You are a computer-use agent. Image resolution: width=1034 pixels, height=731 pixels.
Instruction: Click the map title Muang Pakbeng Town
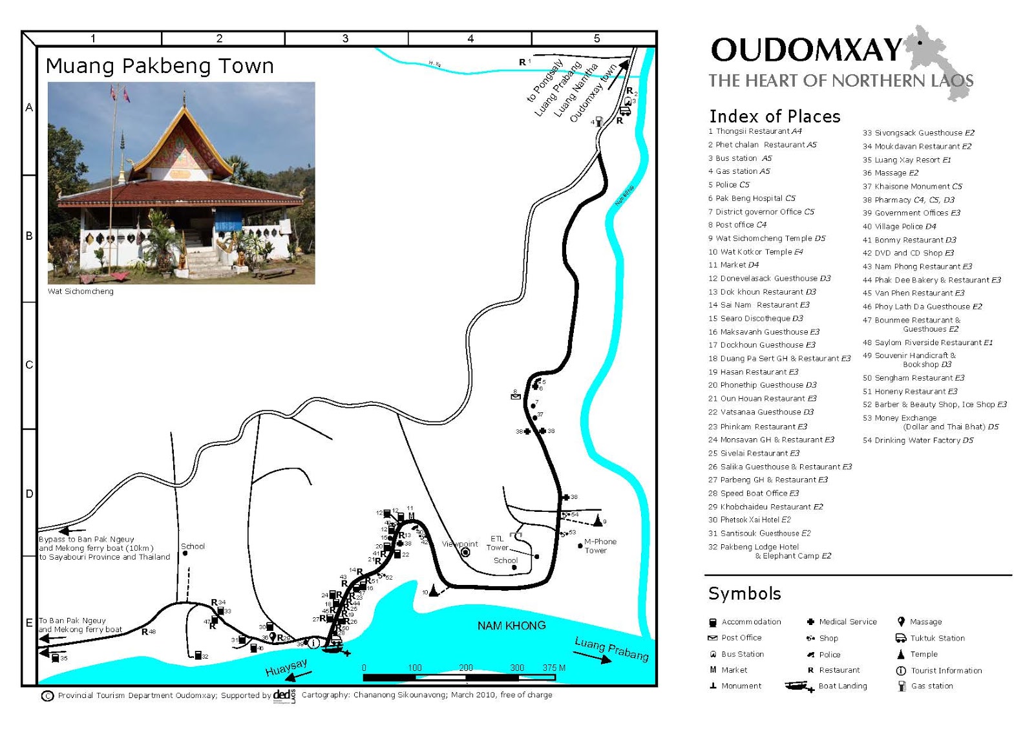click(x=160, y=66)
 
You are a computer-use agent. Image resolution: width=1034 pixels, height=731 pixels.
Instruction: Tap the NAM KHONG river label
click(x=511, y=626)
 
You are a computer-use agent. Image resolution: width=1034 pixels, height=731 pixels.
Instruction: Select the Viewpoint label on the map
click(x=459, y=544)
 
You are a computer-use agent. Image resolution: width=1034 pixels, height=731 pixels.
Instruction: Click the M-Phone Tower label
click(x=600, y=546)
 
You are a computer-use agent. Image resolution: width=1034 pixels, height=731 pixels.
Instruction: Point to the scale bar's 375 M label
click(x=554, y=668)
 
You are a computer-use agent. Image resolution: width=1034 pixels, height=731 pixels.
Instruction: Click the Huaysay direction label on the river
click(x=286, y=667)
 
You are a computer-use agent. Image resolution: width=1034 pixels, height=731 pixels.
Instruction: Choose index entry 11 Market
click(x=733, y=265)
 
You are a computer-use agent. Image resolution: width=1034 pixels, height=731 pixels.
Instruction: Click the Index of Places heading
click(x=774, y=116)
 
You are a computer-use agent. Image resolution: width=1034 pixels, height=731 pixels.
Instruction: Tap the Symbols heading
click(x=744, y=593)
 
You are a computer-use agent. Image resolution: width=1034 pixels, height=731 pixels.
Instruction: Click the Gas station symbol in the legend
click(x=902, y=686)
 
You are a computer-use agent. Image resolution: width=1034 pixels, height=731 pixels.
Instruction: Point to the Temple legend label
click(x=923, y=654)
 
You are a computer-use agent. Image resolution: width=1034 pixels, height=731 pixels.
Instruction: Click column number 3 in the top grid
click(x=345, y=39)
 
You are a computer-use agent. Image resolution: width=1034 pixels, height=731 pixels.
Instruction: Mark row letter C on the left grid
click(x=29, y=365)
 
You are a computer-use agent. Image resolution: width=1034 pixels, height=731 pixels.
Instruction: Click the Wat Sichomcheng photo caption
click(x=81, y=291)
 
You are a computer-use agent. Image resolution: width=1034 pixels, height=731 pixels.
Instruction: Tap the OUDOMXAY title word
click(x=806, y=50)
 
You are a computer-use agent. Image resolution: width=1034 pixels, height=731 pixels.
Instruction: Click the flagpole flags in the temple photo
click(x=120, y=94)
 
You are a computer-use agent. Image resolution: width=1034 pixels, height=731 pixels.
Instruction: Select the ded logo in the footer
click(x=282, y=695)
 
